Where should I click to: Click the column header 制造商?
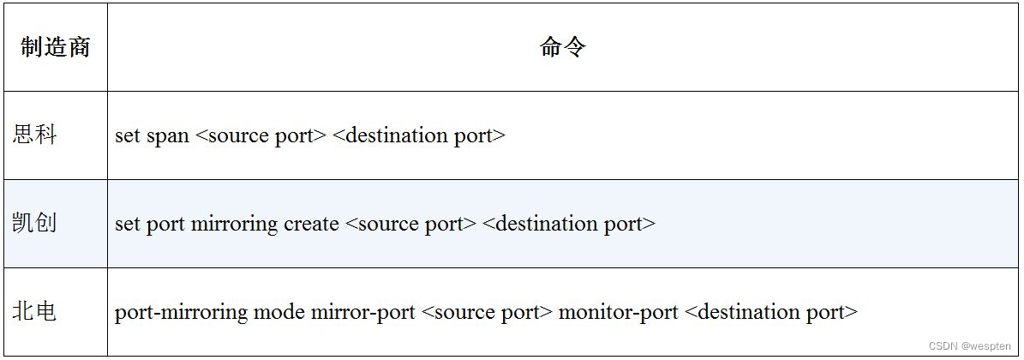tap(55, 47)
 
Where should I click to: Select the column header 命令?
tap(563, 47)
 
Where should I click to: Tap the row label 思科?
tap(34, 135)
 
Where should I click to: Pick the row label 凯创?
tap(34, 224)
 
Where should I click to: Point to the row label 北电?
tap(34, 311)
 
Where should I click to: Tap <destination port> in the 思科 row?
tap(418, 135)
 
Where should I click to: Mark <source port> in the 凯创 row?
tap(410, 225)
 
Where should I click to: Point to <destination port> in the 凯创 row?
tap(568, 225)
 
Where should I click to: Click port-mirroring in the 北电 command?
tap(181, 312)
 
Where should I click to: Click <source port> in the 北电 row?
tap(487, 312)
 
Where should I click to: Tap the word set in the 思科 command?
tap(127, 135)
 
